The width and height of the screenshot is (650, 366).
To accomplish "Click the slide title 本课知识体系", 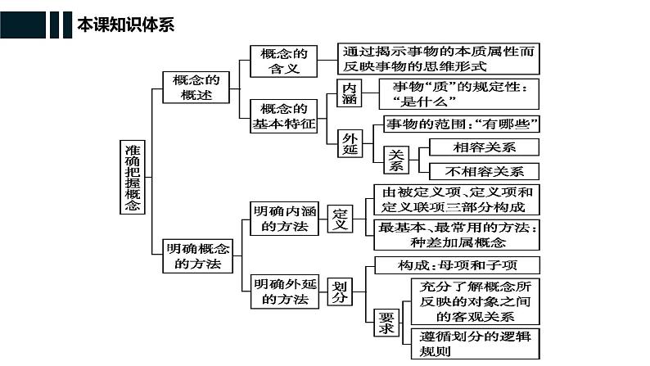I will pos(124,25).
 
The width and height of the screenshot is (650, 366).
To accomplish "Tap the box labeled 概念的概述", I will pos(197,88).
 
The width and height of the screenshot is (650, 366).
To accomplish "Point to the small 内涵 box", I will pos(349,95).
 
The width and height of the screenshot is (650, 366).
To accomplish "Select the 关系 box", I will pos(397,160).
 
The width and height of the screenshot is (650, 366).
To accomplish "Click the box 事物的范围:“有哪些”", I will pos(462,124).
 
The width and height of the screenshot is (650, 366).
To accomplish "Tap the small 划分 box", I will pos(340,291).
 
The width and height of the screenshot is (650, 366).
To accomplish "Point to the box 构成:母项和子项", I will pos(457,265).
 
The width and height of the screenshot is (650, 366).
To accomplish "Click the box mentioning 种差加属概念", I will pos(457,234).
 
